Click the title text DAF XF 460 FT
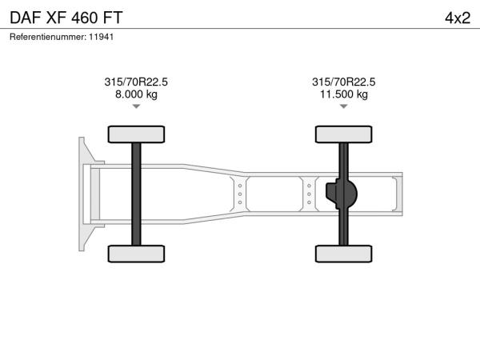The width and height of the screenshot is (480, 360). click(66, 18)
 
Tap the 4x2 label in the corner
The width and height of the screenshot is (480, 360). click(458, 18)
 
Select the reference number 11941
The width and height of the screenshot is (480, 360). click(102, 37)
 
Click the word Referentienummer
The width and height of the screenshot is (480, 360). click(47, 37)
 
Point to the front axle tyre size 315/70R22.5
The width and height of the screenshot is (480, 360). click(136, 82)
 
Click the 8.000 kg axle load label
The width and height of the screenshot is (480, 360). click(136, 94)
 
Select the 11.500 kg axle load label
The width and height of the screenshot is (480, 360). click(344, 94)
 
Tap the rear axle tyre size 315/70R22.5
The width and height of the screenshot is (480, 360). click(344, 82)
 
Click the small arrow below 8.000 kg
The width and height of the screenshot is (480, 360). click(136, 106)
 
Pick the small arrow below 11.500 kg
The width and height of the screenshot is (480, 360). click(344, 106)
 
